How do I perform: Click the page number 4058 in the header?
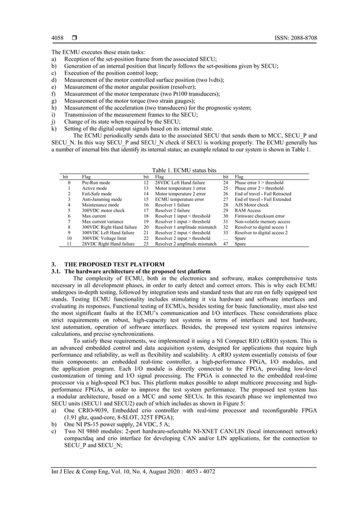click(x=57, y=38)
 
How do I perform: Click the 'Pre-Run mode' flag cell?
click(x=96, y=183)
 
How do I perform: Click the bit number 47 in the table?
click(x=226, y=243)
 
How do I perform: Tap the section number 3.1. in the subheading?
click(x=58, y=271)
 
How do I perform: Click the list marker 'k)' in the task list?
click(x=54, y=128)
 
